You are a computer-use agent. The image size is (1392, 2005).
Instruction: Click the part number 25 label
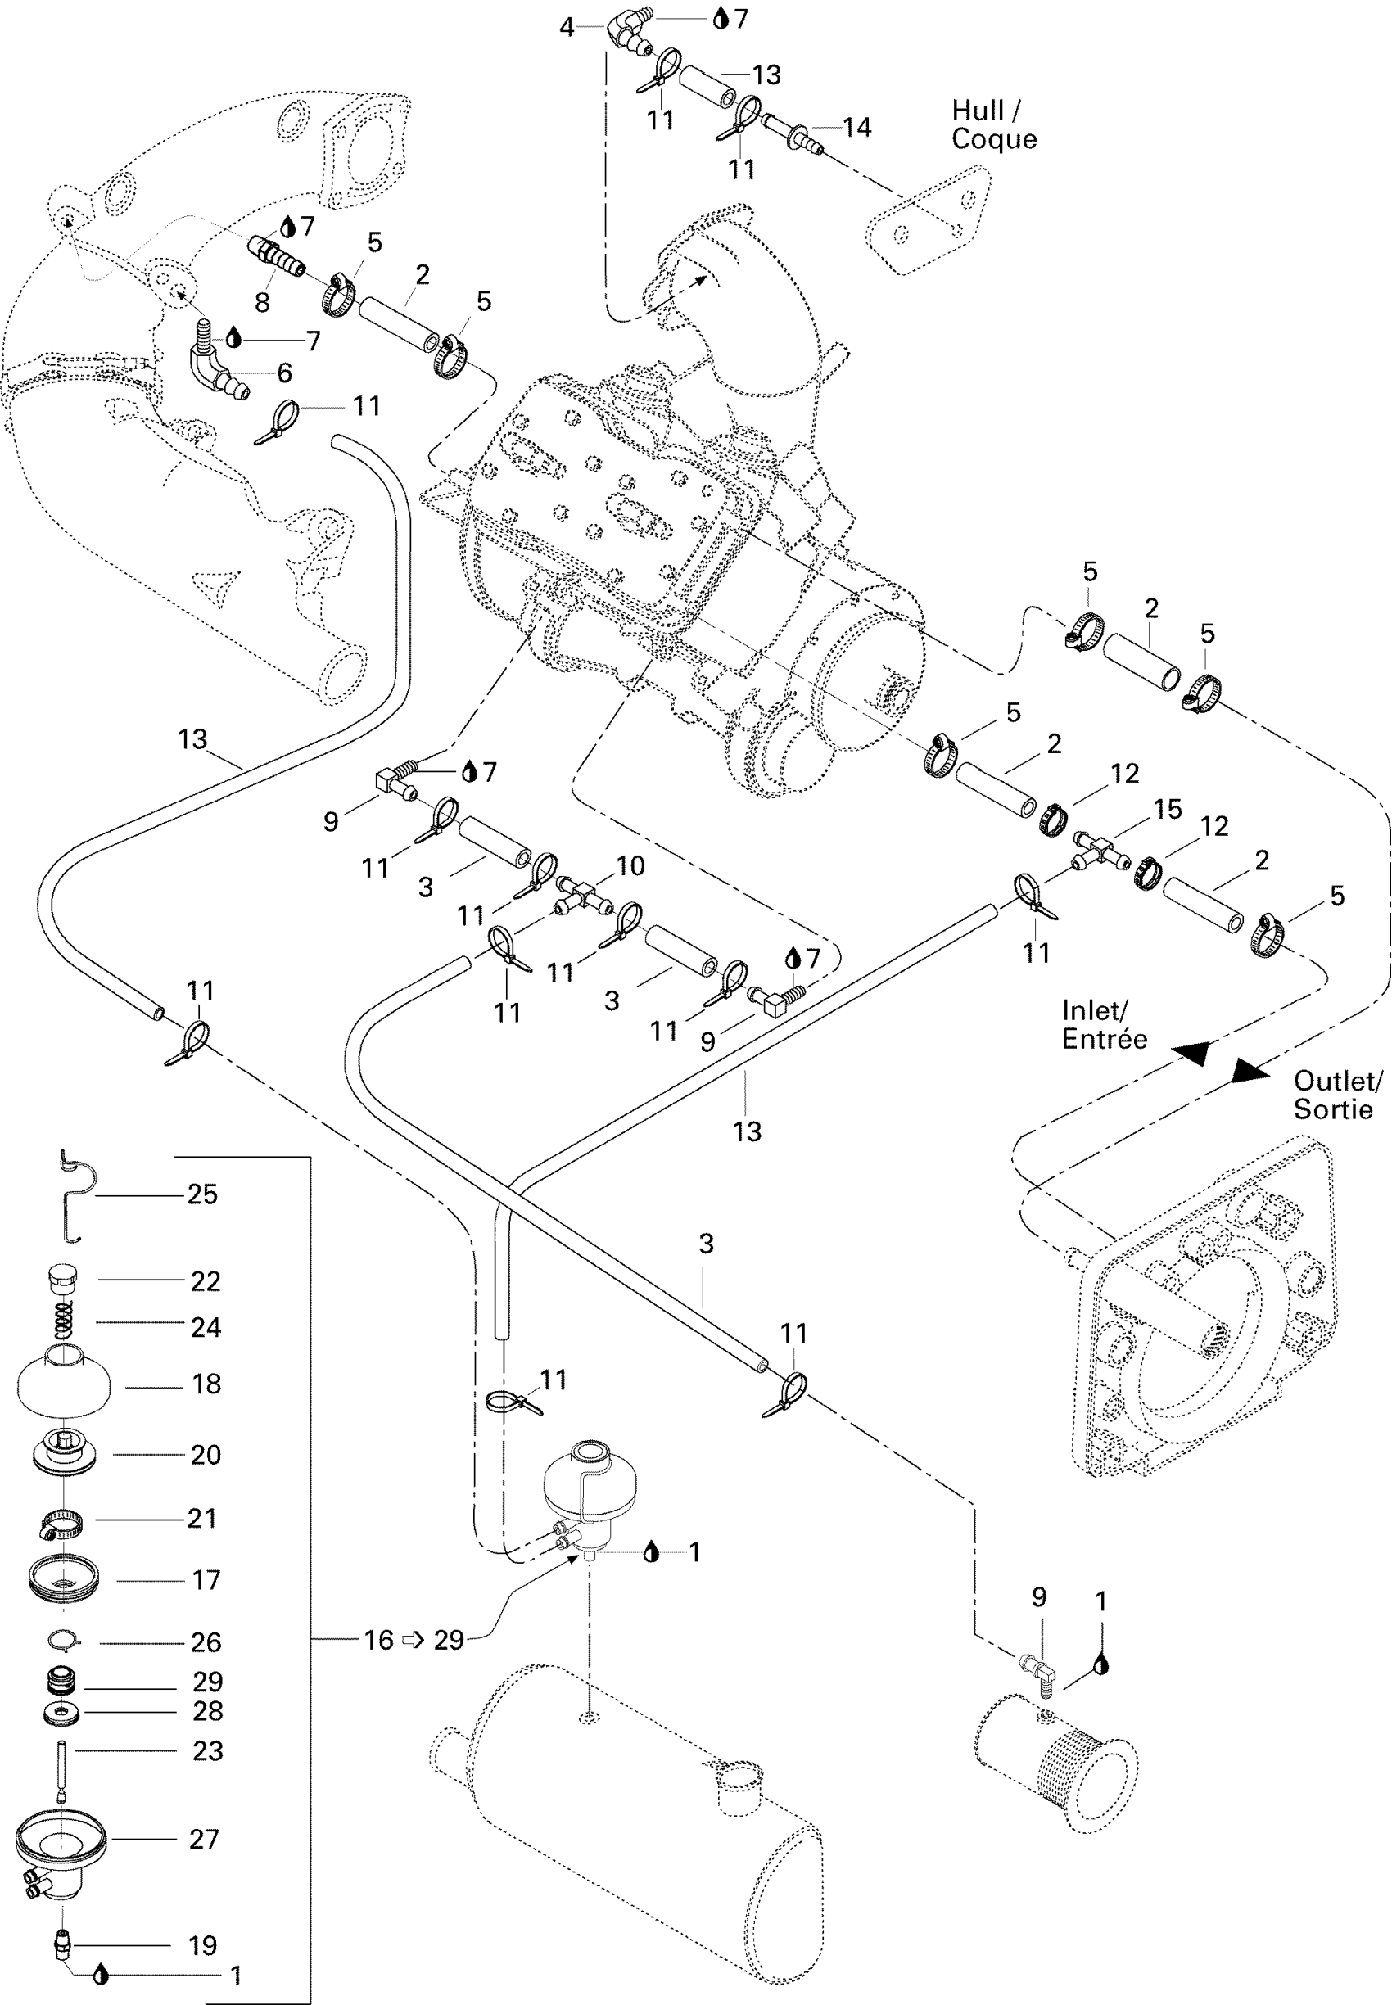pos(202,1194)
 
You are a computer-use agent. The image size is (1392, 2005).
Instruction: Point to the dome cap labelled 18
pos(64,1381)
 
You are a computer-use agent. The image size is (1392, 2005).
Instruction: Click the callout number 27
pos(204,1839)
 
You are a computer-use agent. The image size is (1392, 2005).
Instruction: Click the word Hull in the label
pos(978,111)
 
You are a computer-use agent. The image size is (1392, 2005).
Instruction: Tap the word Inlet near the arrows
pos(1093,1010)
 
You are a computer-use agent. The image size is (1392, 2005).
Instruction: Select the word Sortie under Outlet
pos(1333,1109)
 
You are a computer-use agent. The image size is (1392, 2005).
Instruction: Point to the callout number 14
pos(856,128)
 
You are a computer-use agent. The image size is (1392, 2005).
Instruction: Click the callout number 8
pos(262,303)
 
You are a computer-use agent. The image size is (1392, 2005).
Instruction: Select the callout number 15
pos(1168,810)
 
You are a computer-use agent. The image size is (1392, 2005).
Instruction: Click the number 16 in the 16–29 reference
pos(378,1640)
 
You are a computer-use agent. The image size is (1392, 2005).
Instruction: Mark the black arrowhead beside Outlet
pos(1249,1072)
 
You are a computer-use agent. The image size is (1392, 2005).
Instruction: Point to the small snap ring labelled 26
pos(64,1641)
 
